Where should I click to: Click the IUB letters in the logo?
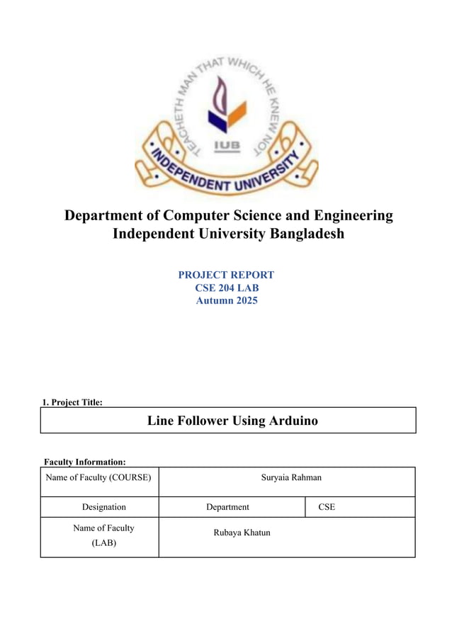tap(227, 147)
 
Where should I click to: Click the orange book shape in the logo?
tap(236, 112)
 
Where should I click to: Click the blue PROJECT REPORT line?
tap(226, 275)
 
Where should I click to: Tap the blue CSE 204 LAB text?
tap(226, 287)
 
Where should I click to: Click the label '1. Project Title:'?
tap(72, 402)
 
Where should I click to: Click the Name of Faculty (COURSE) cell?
tap(98, 478)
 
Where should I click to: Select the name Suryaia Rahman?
tap(291, 478)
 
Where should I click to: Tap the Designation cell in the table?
tap(103, 507)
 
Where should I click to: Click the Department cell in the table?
tap(227, 507)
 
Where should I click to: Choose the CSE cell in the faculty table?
tap(327, 507)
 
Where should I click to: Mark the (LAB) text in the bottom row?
tap(103, 544)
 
